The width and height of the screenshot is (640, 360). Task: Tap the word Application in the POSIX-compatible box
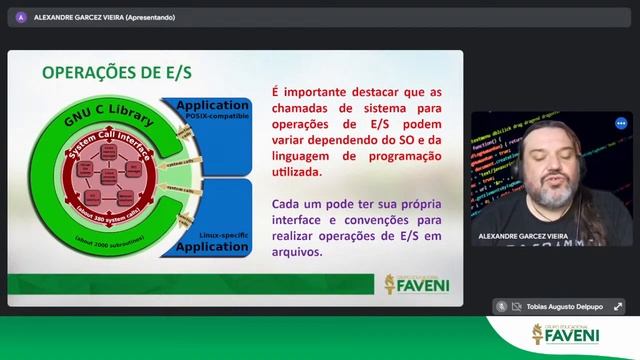(211, 104)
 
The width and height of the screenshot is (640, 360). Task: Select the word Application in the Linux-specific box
(211, 246)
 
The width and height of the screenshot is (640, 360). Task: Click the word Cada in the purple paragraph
(288, 204)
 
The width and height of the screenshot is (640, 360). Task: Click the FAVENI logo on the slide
(417, 283)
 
